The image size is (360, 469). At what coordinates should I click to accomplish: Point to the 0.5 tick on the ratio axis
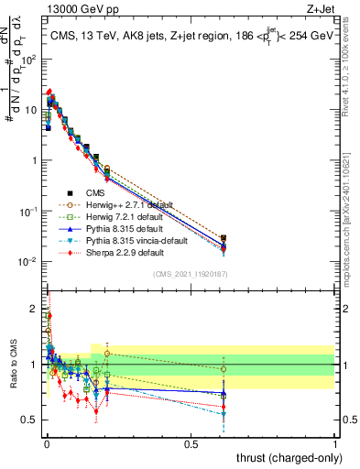[27, 420]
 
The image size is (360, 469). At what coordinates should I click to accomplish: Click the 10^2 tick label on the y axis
[25, 59]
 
